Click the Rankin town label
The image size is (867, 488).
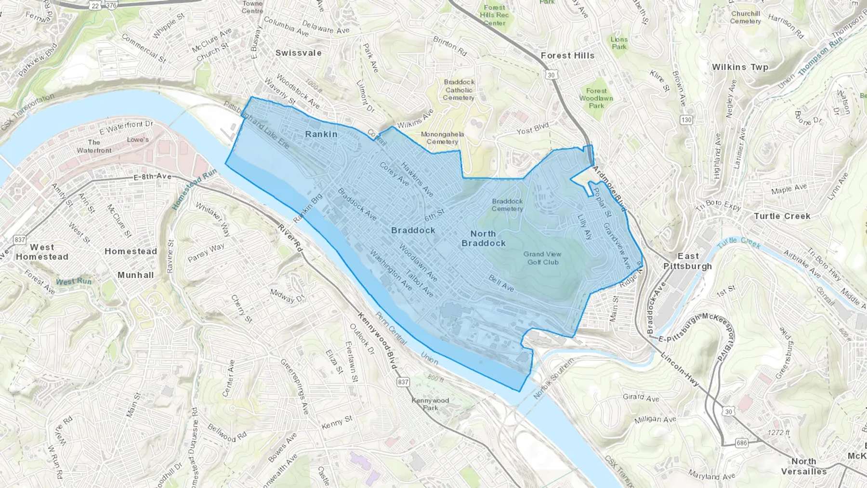(321, 134)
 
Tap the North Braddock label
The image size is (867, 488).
(483, 238)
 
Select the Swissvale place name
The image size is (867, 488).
(298, 53)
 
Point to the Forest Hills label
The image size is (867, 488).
(567, 56)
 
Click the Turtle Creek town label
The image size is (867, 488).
(782, 216)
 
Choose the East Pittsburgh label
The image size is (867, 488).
(687, 261)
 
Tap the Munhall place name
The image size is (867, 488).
(135, 275)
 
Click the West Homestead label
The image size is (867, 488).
(42, 252)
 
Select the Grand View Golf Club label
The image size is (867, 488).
(542, 258)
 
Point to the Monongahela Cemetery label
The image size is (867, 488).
(442, 138)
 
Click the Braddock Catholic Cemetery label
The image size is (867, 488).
(459, 90)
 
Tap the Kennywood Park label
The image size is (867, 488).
(430, 404)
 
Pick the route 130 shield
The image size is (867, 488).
(686, 120)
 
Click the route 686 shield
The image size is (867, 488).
(742, 442)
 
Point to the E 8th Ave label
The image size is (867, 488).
(152, 177)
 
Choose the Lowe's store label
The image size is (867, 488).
(138, 140)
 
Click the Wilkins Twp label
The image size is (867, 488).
(740, 67)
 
